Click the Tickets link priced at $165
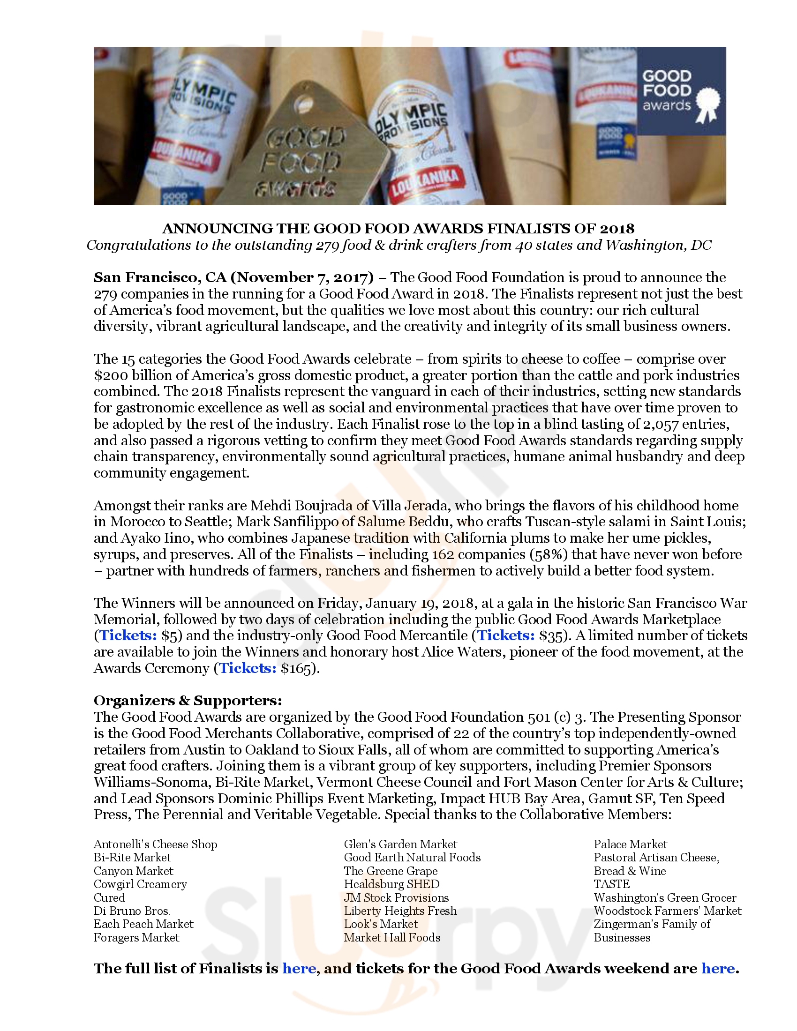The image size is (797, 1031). (248, 668)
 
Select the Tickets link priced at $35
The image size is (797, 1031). (506, 635)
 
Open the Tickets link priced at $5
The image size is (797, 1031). (128, 635)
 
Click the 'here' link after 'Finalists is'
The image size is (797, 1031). (299, 969)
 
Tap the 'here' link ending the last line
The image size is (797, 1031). (718, 969)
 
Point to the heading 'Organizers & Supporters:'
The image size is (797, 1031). (188, 700)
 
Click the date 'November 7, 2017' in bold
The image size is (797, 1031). (302, 277)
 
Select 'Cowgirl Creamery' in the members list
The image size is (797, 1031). (140, 884)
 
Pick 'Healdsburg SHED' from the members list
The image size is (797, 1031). (391, 884)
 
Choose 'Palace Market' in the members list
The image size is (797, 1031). (630, 844)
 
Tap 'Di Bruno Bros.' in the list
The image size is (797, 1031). (132, 911)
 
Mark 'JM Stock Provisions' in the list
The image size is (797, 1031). (396, 898)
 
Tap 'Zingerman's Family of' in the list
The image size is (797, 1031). (652, 924)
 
